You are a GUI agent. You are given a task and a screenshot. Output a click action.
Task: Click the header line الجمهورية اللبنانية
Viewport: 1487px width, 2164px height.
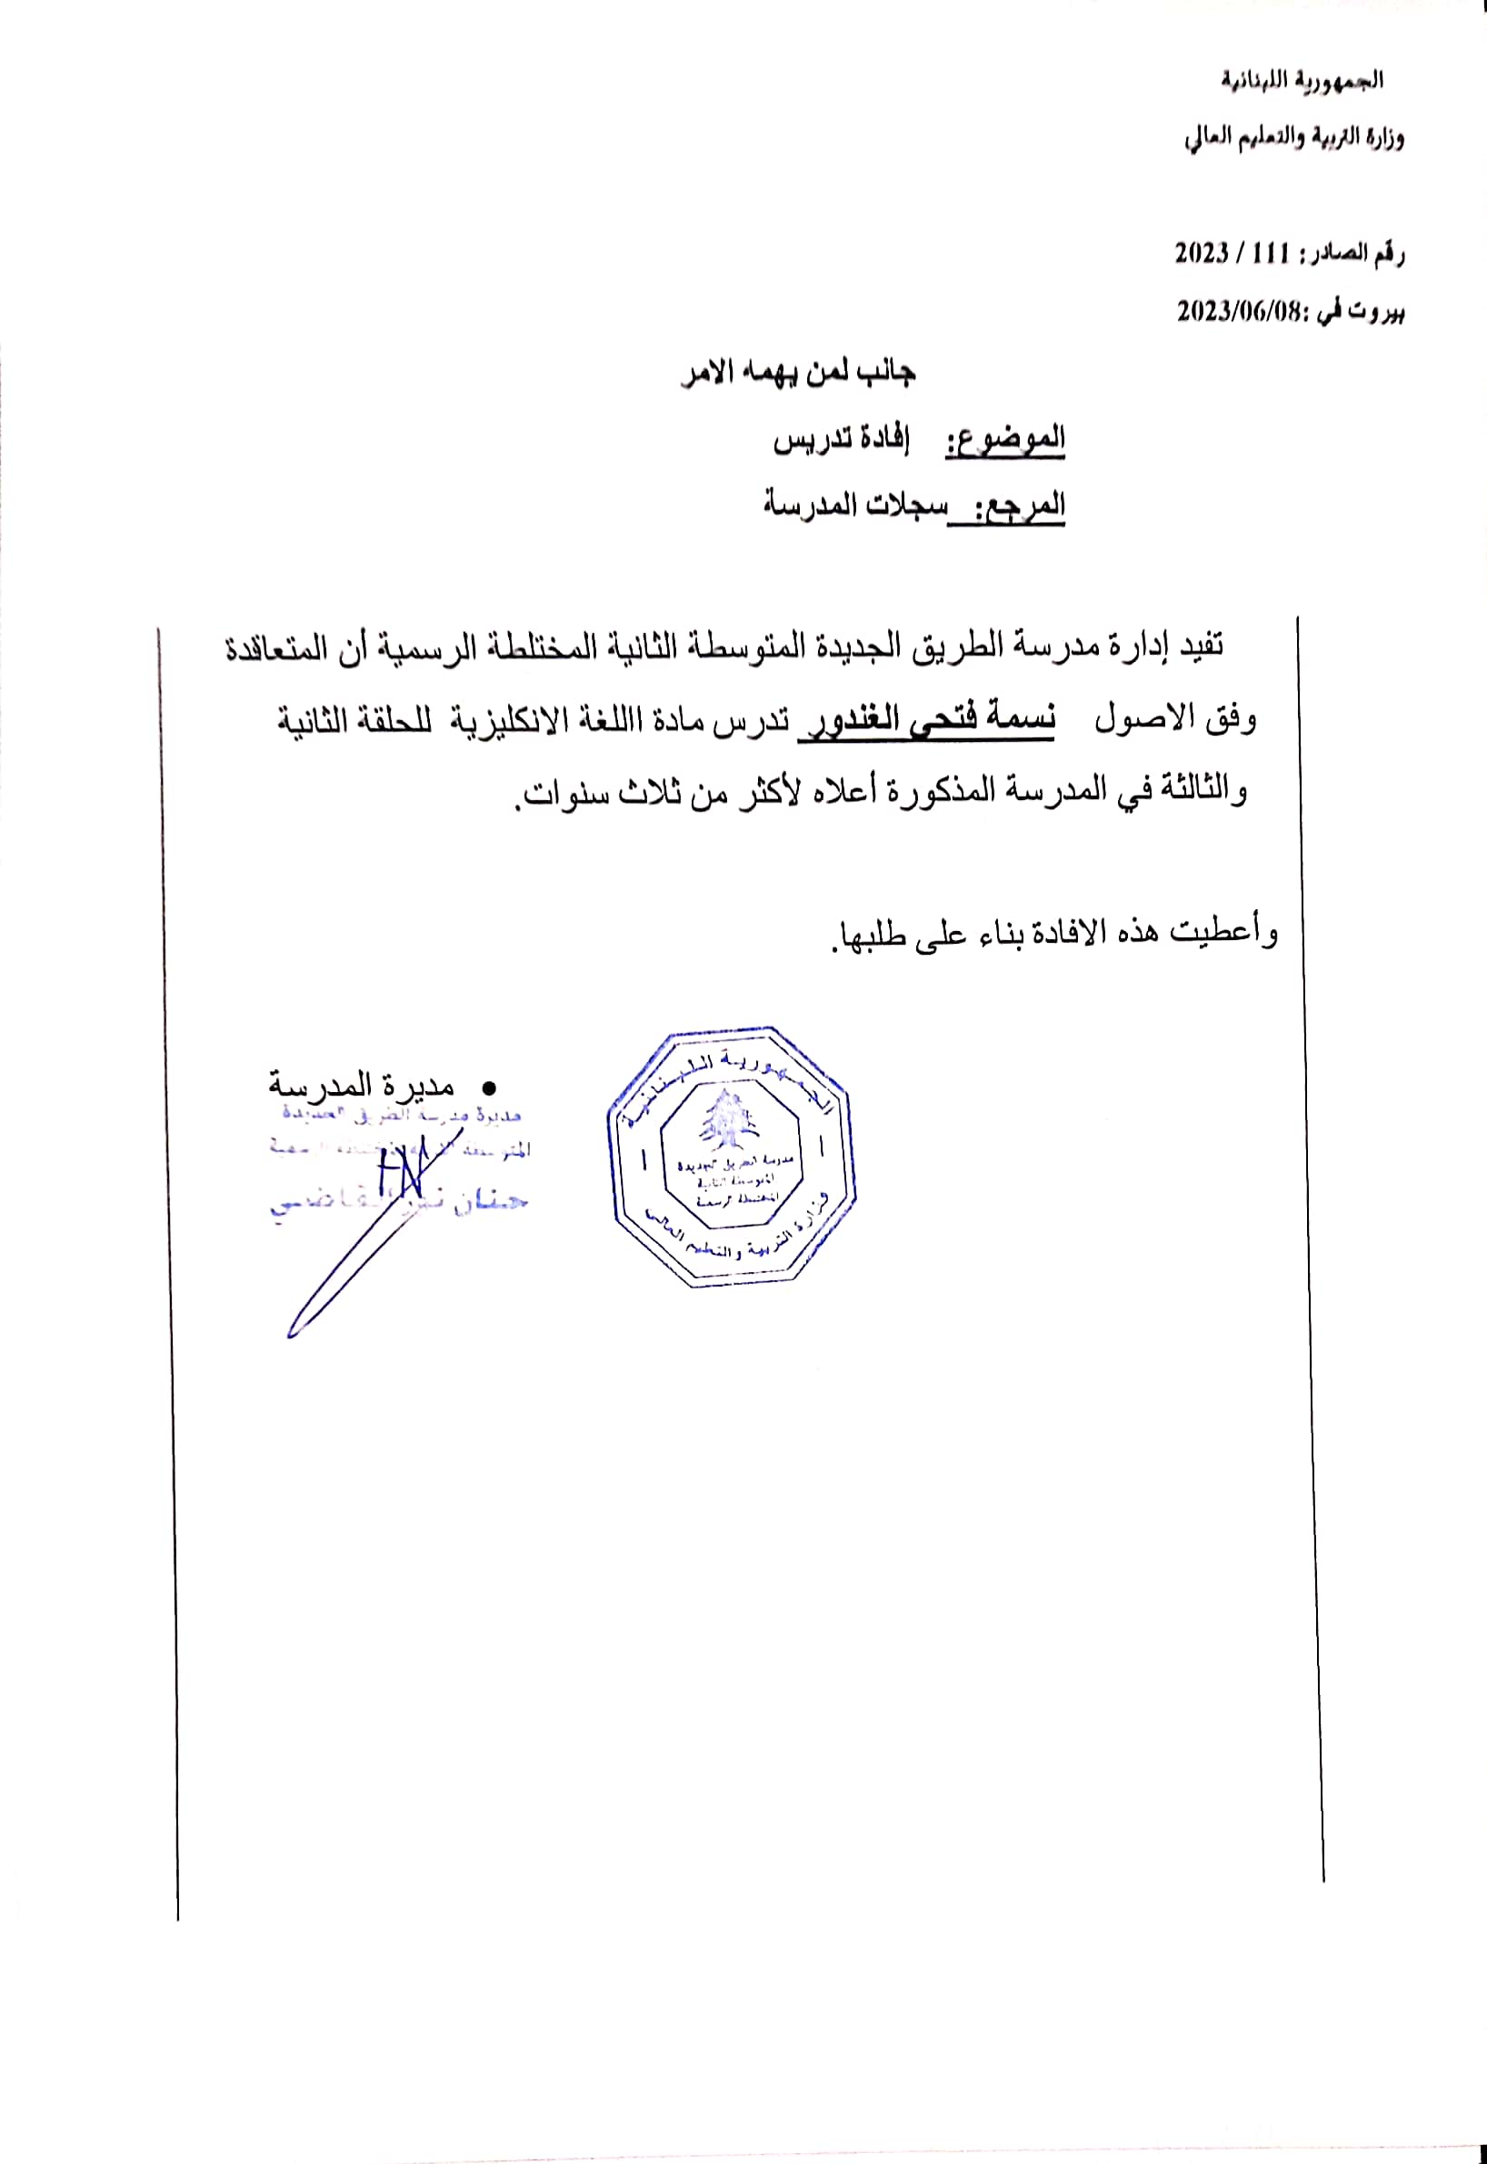[1302, 81]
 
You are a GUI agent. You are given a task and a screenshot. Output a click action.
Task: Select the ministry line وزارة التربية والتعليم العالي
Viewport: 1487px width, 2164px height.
[1294, 139]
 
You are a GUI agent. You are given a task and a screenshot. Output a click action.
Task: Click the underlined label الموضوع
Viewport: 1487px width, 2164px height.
[1006, 439]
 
